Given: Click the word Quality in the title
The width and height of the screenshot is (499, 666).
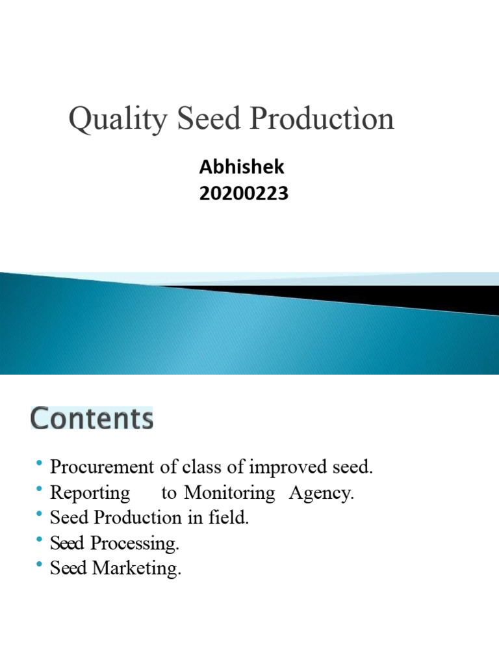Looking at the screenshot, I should (106, 120).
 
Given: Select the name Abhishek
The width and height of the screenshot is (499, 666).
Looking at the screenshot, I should (242, 167).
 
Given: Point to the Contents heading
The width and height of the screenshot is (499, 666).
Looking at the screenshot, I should (92, 418).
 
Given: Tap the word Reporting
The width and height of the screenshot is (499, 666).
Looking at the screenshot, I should (90, 493).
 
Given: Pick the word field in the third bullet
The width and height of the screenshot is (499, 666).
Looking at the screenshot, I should (231, 518).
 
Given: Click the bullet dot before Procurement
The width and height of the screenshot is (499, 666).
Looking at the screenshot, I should (40, 464).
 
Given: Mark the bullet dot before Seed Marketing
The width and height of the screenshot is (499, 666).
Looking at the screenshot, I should (40, 565).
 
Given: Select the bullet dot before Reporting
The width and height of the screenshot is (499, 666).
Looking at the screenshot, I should (40, 489).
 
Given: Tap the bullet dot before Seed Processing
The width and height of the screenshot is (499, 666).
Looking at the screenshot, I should (40, 540).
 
